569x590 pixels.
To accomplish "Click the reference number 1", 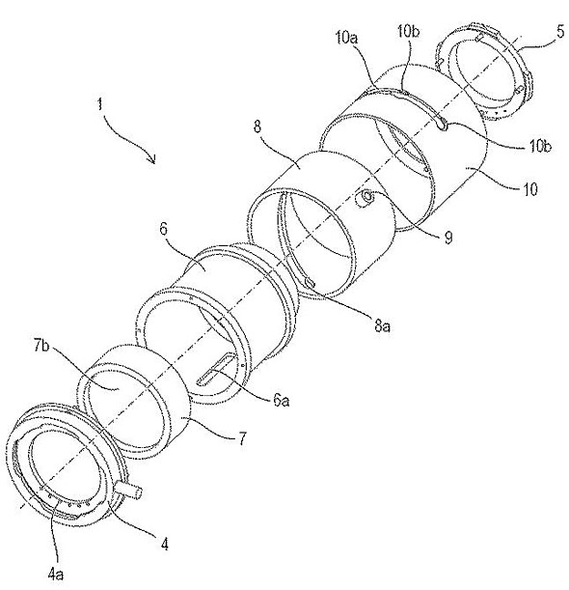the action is tap(99, 103).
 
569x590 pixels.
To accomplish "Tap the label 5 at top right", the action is tap(560, 32).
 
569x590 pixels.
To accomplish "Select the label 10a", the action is tap(346, 39).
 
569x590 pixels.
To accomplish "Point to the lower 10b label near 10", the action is tap(540, 146).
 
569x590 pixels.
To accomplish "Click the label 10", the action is tap(530, 189).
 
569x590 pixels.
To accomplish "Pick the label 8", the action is tap(257, 126).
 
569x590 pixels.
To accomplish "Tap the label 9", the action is tap(448, 238).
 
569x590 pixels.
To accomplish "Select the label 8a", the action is tap(382, 325).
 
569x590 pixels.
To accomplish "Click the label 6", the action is tap(163, 229).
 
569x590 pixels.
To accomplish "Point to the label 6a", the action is tap(281, 401).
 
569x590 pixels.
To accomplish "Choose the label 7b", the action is tap(41, 346).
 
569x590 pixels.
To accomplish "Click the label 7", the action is tap(242, 438).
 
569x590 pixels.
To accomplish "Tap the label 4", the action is tap(164, 544).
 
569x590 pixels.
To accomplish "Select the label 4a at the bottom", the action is tap(56, 575).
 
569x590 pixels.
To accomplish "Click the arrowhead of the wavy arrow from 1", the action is tap(152, 159).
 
